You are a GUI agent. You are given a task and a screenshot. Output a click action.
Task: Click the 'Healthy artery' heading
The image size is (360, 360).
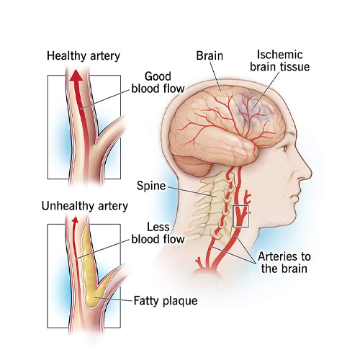point(84,56)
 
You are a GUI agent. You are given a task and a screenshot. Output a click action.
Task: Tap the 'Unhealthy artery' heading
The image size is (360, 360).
point(85,206)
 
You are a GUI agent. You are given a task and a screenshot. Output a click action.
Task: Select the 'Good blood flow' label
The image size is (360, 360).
point(158,83)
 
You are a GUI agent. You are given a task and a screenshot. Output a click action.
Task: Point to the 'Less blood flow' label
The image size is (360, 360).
point(158,233)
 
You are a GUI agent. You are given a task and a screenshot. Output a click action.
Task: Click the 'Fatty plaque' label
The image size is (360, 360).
point(166,301)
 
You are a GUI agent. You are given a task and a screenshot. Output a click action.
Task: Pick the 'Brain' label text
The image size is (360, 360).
point(210,55)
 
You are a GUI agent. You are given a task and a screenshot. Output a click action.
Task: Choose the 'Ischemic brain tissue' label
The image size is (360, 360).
point(280,60)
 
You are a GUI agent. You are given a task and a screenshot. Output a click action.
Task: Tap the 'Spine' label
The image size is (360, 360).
point(151,186)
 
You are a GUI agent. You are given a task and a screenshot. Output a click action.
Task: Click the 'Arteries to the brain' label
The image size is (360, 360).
point(284,263)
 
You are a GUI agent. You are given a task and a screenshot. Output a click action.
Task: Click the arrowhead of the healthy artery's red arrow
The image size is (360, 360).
point(76,75)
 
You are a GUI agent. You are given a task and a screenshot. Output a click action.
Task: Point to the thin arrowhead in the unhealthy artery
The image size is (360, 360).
point(76,220)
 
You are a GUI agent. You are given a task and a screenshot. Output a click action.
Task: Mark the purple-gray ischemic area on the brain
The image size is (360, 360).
point(254,109)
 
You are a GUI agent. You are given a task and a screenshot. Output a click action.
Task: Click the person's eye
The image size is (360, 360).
point(285,148)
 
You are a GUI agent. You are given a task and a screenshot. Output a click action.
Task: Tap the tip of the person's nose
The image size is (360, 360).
point(310,174)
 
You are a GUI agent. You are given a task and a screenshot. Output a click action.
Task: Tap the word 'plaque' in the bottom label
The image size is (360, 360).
point(181,302)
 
